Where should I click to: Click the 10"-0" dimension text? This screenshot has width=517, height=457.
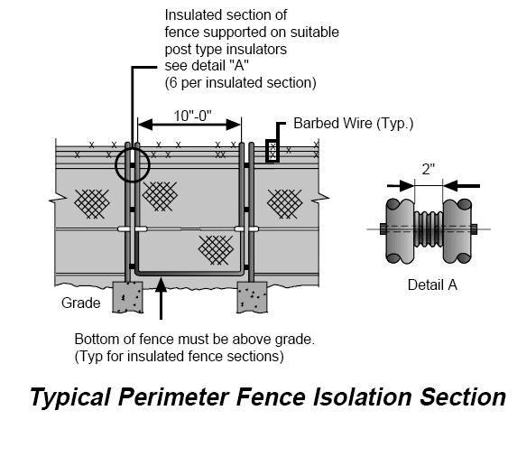pos(189,117)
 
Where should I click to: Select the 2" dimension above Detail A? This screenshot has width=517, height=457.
pos(428,168)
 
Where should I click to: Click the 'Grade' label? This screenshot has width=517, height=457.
pos(80,303)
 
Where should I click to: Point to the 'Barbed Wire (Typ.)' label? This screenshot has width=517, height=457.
pos(353,123)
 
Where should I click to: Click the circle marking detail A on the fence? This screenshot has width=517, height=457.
pos(132,165)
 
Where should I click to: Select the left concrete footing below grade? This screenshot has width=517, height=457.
pos(127,295)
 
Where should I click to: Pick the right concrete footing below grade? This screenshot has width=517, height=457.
pos(252,295)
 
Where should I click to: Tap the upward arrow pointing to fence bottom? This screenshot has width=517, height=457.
pos(160,299)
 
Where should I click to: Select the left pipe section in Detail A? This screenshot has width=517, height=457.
pos(398,228)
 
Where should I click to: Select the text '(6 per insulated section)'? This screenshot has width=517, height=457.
pos(239,82)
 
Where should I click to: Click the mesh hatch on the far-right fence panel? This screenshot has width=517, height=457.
pos(283,202)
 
